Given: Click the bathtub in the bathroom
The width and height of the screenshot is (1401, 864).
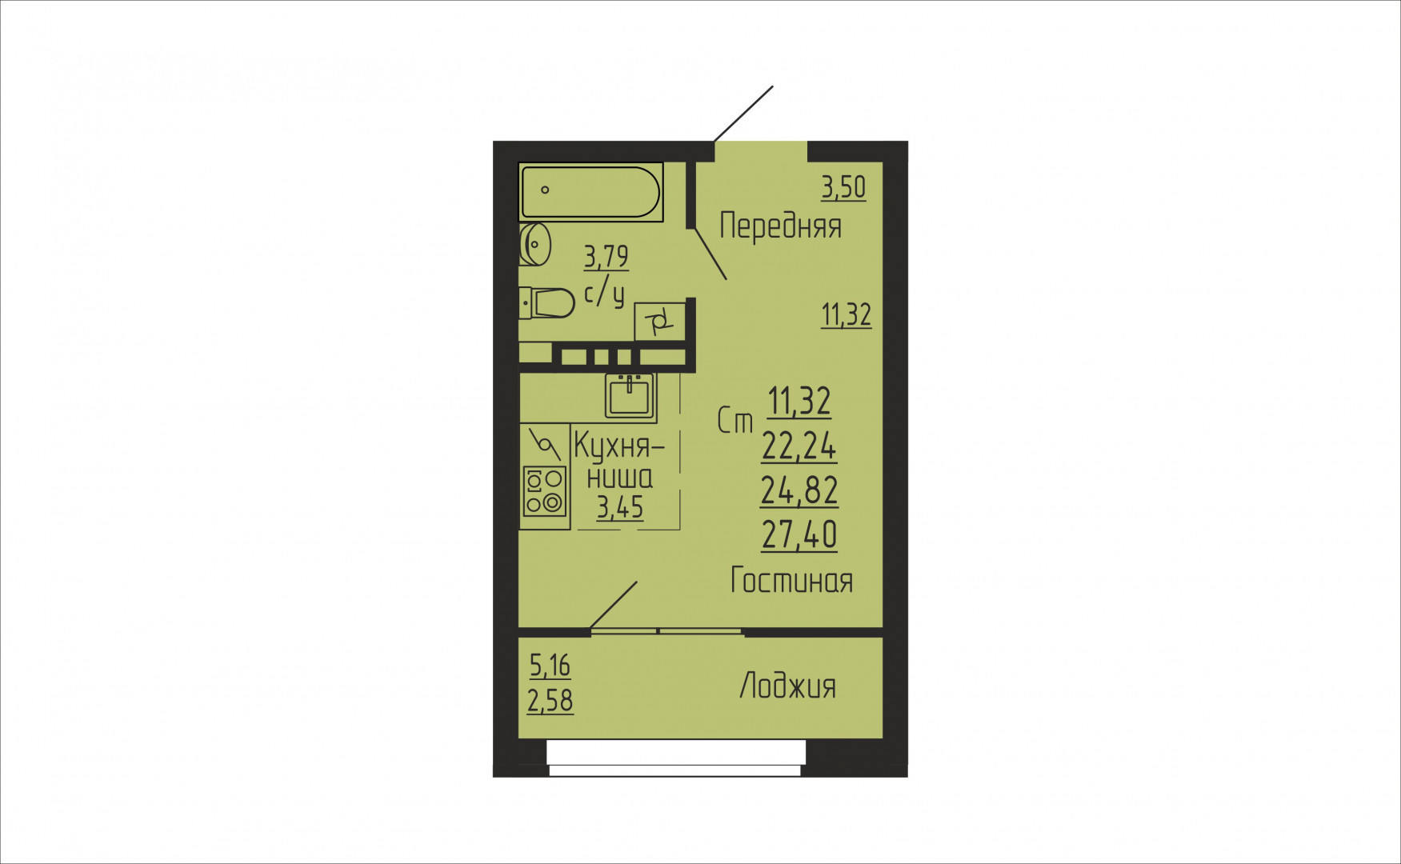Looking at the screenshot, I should click(590, 192).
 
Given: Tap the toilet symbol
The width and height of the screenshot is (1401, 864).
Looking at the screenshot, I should click(549, 303).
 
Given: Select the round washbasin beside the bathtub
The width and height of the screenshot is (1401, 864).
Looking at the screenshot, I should click(535, 243).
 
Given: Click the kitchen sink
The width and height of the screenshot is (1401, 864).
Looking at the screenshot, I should click(629, 397).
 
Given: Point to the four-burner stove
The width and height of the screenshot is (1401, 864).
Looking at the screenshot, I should click(544, 491).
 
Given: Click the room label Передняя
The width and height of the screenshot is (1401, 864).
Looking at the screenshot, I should click(780, 226).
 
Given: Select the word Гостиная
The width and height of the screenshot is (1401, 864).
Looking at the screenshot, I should click(791, 580).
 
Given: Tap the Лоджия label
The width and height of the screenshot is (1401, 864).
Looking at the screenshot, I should click(787, 686).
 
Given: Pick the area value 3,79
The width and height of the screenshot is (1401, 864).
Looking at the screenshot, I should click(606, 257).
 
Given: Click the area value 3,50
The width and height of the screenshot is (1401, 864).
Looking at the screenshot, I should click(843, 187).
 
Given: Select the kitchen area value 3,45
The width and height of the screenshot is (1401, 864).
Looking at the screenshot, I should click(620, 507).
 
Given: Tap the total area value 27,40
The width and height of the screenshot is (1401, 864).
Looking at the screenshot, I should click(799, 534).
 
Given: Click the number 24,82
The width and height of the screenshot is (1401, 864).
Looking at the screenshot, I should click(799, 490).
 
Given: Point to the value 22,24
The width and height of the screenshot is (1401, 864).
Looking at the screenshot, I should click(799, 446).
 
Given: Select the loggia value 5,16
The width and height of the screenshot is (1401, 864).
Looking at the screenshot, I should click(550, 665).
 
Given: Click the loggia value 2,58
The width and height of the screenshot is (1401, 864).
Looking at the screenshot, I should click(550, 701).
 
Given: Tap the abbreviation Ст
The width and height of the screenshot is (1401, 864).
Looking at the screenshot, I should click(735, 421).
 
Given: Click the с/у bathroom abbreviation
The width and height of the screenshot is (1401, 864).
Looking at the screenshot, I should click(604, 294).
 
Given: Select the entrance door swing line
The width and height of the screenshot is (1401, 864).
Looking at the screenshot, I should click(743, 114).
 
